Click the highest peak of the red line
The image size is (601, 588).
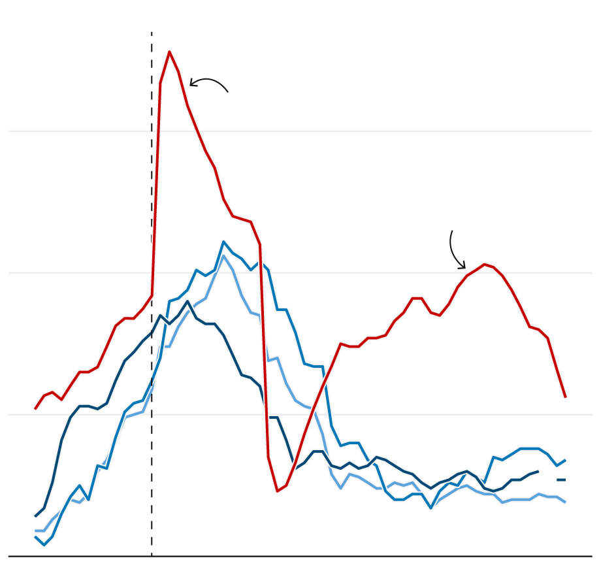click(x=169, y=52)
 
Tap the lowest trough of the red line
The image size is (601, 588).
click(x=277, y=491)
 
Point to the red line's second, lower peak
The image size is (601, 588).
click(x=484, y=264)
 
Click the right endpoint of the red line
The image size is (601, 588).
click(x=566, y=397)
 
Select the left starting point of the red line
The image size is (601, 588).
click(x=35, y=409)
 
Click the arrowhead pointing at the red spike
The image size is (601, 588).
click(x=191, y=84)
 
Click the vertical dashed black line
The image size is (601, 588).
click(x=152, y=196)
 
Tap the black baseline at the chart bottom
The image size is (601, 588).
click(x=327, y=557)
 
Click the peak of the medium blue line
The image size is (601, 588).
click(x=223, y=242)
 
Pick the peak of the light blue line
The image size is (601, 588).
click(x=223, y=255)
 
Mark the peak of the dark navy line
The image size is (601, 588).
click(x=187, y=301)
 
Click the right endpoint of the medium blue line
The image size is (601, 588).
click(x=566, y=460)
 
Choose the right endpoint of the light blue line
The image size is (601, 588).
click(x=566, y=502)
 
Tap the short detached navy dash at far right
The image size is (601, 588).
click(x=561, y=480)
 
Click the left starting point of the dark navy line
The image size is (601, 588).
click(x=35, y=516)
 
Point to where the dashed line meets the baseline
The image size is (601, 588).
click(x=152, y=557)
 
